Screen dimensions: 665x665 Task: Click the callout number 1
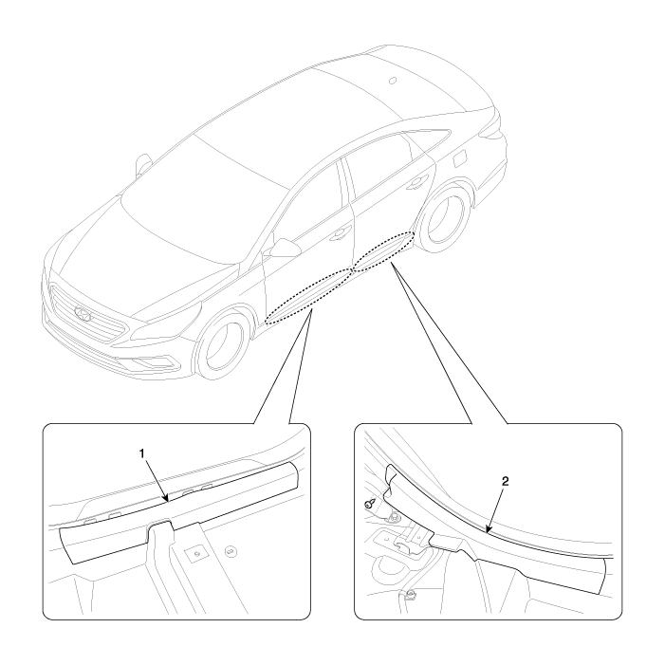click(142, 453)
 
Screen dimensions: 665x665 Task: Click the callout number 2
click(505, 481)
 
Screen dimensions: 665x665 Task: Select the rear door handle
click(416, 183)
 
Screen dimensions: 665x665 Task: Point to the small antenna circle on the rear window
click(393, 80)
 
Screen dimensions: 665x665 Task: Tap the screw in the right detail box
click(368, 505)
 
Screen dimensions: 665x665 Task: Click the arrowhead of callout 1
click(167, 499)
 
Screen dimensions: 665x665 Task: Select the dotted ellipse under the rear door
click(383, 252)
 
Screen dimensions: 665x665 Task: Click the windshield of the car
click(202, 194)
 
